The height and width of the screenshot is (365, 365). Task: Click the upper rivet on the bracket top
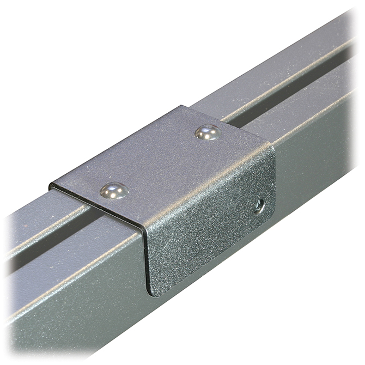207,132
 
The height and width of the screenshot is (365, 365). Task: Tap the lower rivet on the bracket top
114,190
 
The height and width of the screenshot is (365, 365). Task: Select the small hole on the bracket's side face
260,206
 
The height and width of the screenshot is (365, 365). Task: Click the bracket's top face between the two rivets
161,161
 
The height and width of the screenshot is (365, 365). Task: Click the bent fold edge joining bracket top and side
207,185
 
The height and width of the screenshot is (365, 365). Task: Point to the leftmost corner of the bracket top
51,185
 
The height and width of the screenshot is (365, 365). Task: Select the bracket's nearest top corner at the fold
143,228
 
